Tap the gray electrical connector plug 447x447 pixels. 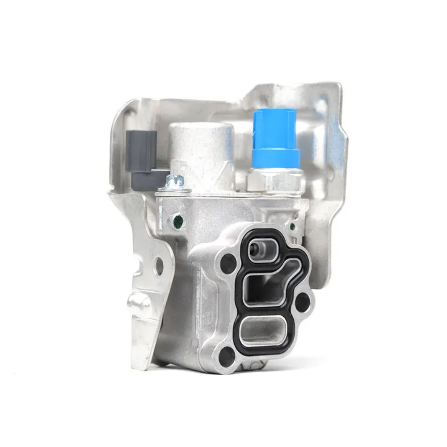tap(140, 154)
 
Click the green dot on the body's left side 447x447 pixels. tap(179, 219)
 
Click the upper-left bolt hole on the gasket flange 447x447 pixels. tap(228, 264)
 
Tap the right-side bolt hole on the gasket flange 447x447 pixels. tap(303, 301)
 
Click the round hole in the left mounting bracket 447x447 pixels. tap(159, 266)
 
